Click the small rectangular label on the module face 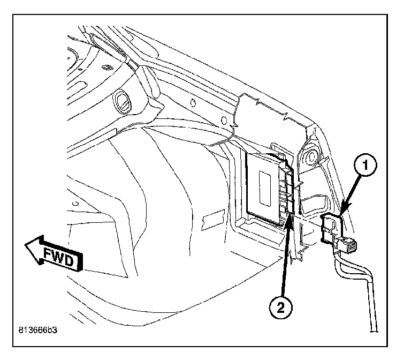point(265,185)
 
